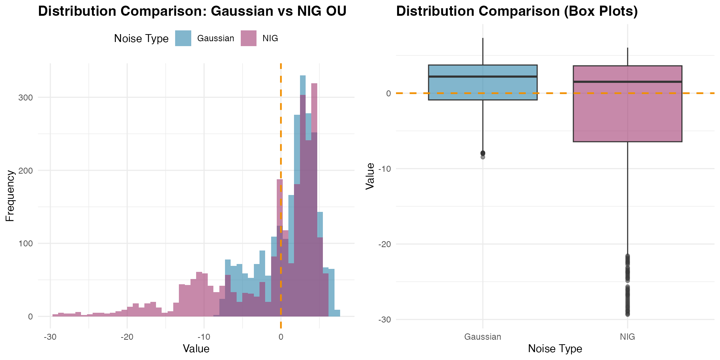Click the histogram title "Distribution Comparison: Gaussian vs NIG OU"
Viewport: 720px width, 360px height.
pos(192,11)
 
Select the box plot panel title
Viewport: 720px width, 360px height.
pos(517,11)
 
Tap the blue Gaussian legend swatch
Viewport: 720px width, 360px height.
pos(183,38)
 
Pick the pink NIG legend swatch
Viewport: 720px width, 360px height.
pos(248,38)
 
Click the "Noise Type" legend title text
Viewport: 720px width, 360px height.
pos(141,39)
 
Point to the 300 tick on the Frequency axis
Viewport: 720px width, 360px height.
pos(26,97)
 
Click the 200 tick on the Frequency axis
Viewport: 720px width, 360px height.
pos(26,171)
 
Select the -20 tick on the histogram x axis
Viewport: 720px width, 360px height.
pos(127,337)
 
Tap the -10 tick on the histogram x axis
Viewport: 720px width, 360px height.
pos(204,337)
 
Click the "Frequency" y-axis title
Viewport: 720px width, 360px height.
pos(10,196)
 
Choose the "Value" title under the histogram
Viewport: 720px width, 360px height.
pos(196,349)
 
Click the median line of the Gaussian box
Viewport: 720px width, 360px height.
pos(483,76)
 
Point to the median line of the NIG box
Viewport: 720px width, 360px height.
pos(627,82)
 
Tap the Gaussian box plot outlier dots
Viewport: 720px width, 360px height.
pos(483,154)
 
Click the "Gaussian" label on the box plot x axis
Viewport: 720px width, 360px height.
pos(483,337)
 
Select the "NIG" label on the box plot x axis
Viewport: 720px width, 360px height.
pos(627,337)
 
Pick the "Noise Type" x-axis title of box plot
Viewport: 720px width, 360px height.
pos(555,349)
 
